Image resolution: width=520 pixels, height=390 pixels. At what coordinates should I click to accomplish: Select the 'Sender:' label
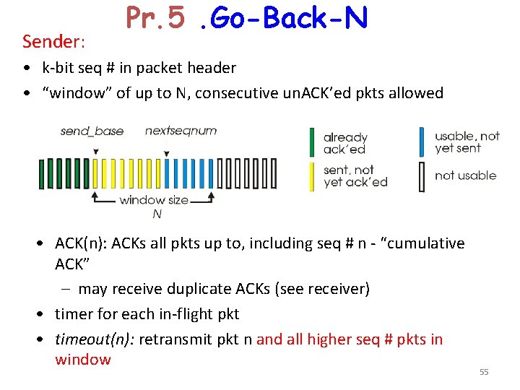pyautogui.click(x=54, y=42)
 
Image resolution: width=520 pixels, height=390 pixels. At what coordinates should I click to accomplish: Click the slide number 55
pyautogui.click(x=484, y=372)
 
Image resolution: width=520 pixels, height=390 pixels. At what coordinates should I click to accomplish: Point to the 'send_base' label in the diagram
pyautogui.click(x=92, y=131)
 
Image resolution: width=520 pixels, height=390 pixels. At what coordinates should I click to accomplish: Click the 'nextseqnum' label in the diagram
pyautogui.click(x=181, y=131)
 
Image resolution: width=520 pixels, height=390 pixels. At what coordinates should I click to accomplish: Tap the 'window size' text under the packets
pyautogui.click(x=154, y=200)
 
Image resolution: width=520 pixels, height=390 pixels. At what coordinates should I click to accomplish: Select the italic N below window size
pyautogui.click(x=157, y=214)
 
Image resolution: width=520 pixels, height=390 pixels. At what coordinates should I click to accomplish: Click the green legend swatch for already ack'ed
pyautogui.click(x=313, y=142)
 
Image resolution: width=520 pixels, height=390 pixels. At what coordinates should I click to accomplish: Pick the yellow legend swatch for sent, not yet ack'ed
pyautogui.click(x=313, y=175)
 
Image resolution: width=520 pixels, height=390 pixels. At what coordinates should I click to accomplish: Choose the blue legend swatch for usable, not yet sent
pyautogui.click(x=422, y=142)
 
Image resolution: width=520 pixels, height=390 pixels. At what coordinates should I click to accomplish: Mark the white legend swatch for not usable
pyautogui.click(x=422, y=175)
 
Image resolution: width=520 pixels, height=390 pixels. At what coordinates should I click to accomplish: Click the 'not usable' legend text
pyautogui.click(x=465, y=175)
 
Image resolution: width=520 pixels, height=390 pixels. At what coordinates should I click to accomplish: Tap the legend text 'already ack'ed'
pyautogui.click(x=345, y=143)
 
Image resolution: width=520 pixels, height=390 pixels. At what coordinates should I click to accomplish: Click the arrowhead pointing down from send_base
pyautogui.click(x=96, y=152)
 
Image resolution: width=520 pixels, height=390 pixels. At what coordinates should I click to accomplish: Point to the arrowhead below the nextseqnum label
pyautogui.click(x=167, y=153)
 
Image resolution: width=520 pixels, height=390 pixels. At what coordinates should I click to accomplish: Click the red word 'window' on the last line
pyautogui.click(x=82, y=360)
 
